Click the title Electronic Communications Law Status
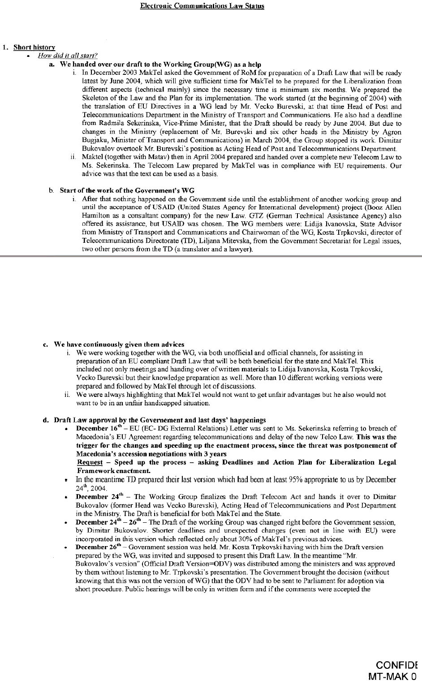(x=202, y=6)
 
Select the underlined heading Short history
(x=34, y=47)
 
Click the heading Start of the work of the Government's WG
(x=127, y=190)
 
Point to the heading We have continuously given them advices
(x=119, y=344)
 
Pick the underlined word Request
(x=90, y=462)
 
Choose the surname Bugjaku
(x=94, y=140)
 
